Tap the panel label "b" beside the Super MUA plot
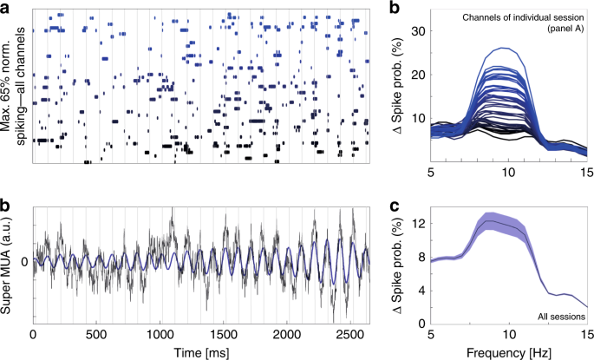point(5,206)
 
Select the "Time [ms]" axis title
point(201,351)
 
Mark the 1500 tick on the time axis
point(224,333)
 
